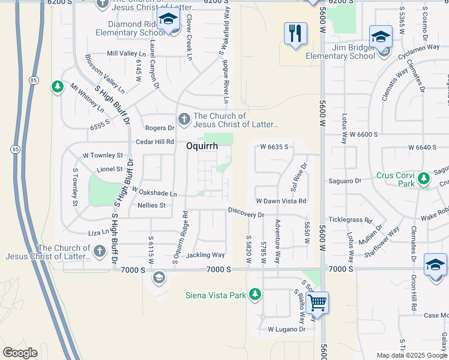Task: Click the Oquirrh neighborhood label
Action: coord(202,146)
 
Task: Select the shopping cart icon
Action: coord(316,303)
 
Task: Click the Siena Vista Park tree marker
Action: coord(255,294)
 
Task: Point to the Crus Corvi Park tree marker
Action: coord(423,178)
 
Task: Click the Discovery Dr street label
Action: coord(246,214)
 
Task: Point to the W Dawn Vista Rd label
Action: coord(281,201)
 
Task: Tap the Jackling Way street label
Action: coord(205,255)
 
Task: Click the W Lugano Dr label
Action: coord(286,329)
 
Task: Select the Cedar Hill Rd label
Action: coord(155,142)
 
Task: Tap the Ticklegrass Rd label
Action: coord(351,220)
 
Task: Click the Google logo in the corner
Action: coord(20,353)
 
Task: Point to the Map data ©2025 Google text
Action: coord(411,355)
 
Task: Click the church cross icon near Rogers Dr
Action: coord(184,120)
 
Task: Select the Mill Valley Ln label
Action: coord(122,53)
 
